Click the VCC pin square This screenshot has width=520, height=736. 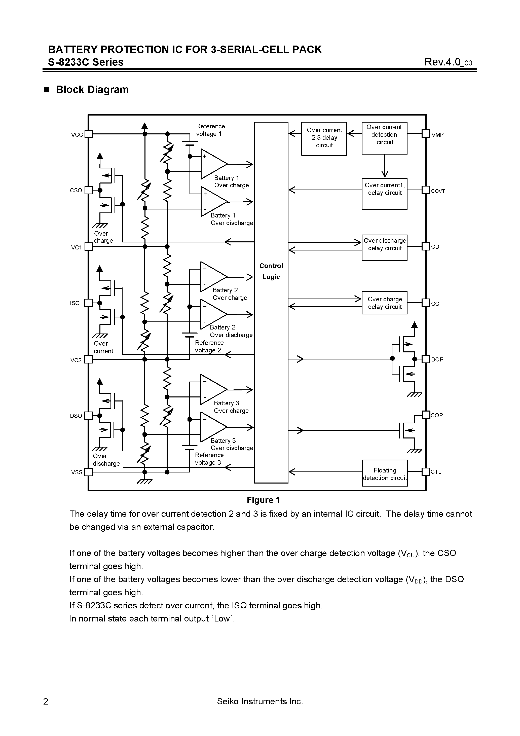(89, 134)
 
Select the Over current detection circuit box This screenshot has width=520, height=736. (384, 138)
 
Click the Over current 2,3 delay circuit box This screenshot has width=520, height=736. (324, 138)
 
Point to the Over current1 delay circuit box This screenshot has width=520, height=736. (384, 194)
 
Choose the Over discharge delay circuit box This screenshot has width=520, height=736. (384, 247)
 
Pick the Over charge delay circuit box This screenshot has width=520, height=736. (384, 303)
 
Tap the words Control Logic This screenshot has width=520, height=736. (271, 271)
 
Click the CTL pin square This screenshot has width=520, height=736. (425, 471)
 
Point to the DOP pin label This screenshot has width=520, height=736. (437, 359)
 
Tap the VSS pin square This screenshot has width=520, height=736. (89, 472)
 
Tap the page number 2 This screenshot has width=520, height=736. (46, 701)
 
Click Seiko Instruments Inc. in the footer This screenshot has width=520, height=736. (260, 701)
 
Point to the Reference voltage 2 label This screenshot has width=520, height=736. (209, 347)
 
